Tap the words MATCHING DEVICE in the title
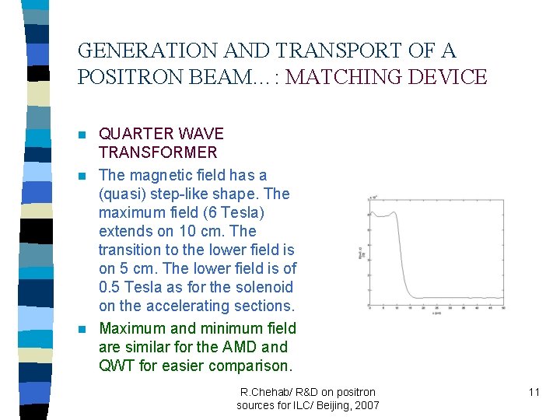click(x=387, y=78)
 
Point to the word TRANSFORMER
click(x=158, y=152)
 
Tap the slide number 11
click(x=534, y=392)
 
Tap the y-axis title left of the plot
click(x=359, y=250)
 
